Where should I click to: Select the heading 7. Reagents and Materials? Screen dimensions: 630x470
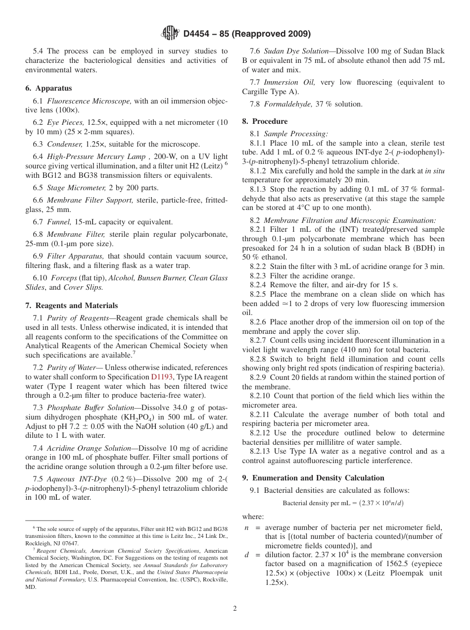tap(71, 306)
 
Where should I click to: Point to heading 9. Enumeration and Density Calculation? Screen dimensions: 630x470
tap(313, 478)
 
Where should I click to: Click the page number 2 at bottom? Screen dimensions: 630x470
tap(235, 609)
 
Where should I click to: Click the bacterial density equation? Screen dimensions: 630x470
tap(343, 503)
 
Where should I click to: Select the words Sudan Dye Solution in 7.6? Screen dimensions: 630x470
tap(296, 51)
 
